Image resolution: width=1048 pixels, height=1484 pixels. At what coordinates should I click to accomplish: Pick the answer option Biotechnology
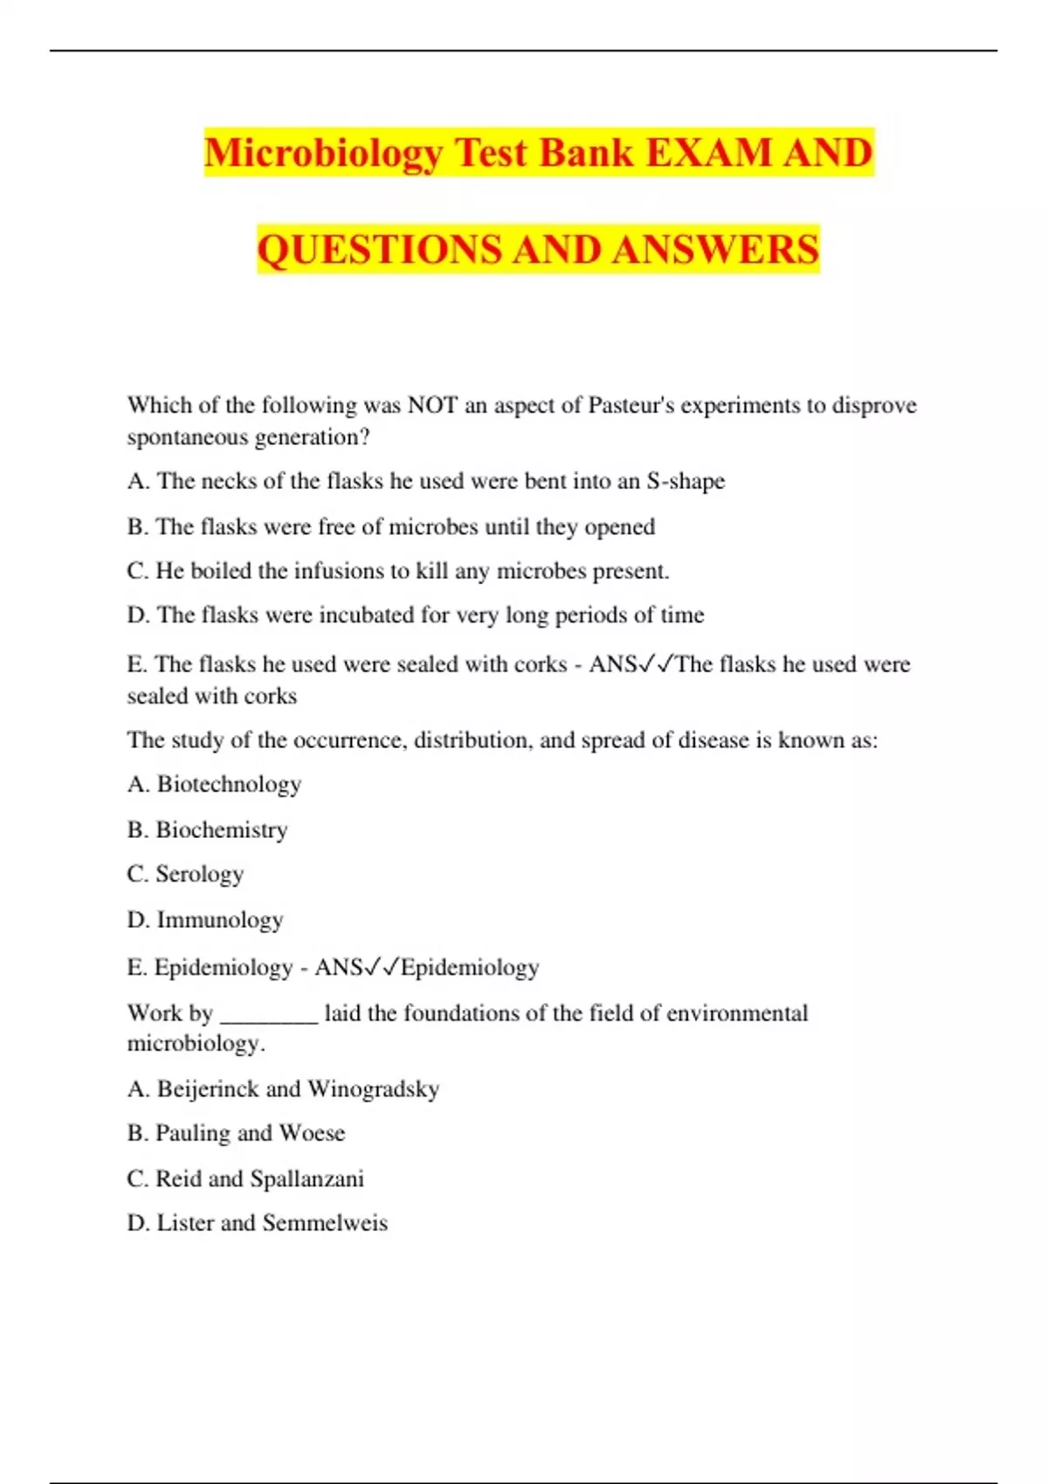coord(229,784)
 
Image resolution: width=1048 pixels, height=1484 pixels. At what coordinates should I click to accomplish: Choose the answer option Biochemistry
coord(221,829)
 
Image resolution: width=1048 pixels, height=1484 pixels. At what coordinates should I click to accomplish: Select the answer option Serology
coord(199,874)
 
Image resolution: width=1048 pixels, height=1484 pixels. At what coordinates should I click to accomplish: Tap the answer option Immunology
coord(219,919)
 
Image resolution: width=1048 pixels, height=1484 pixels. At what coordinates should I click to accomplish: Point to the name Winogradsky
coord(374,1089)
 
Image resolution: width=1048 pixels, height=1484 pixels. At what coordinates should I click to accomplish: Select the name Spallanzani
coord(307,1178)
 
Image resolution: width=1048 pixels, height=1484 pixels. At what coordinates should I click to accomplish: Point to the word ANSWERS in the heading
coord(715,250)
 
